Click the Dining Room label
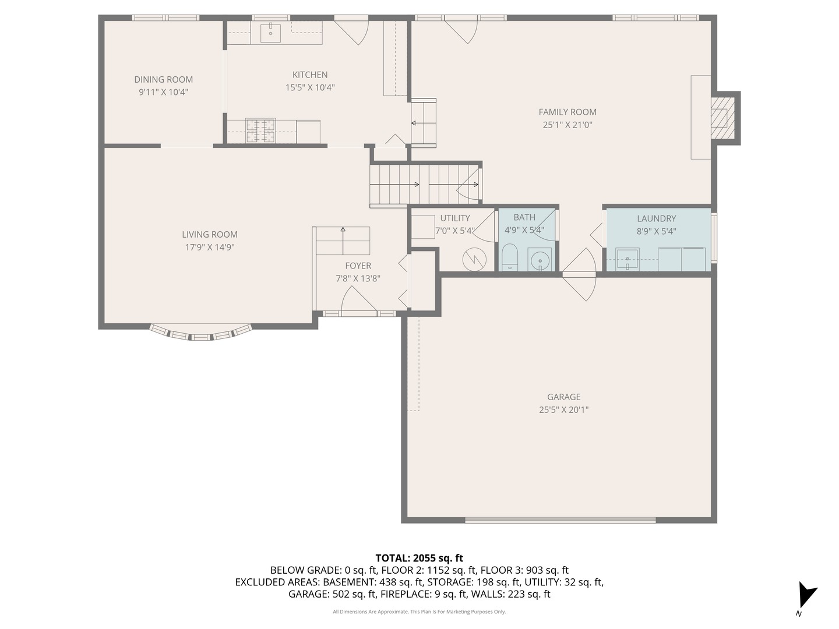[x=163, y=80]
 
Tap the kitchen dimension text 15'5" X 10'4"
[x=309, y=88]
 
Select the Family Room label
[x=567, y=112]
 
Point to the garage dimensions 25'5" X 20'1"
[x=563, y=410]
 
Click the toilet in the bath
[x=510, y=257]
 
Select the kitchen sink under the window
[x=270, y=33]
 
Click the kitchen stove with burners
[x=260, y=130]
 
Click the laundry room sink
[x=628, y=259]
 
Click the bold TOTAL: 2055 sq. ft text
[x=419, y=558]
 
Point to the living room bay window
[x=201, y=334]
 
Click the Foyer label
[x=358, y=266]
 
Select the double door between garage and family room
[x=579, y=274]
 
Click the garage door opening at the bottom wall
[x=560, y=520]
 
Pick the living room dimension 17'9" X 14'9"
[x=209, y=248]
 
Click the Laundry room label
[x=656, y=218]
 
